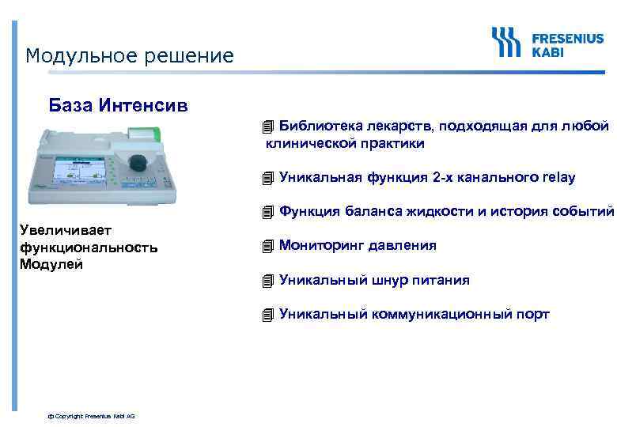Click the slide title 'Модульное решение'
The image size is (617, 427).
[x=130, y=56]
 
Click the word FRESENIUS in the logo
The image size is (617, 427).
[x=567, y=37]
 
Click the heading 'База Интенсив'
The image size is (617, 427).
[x=119, y=104]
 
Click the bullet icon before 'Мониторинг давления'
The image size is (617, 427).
[x=269, y=246]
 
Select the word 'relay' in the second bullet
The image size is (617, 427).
[x=558, y=177]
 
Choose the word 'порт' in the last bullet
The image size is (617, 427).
[x=532, y=315]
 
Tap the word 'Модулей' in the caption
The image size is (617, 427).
[x=51, y=264]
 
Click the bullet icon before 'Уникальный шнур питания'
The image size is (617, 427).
[x=269, y=280]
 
